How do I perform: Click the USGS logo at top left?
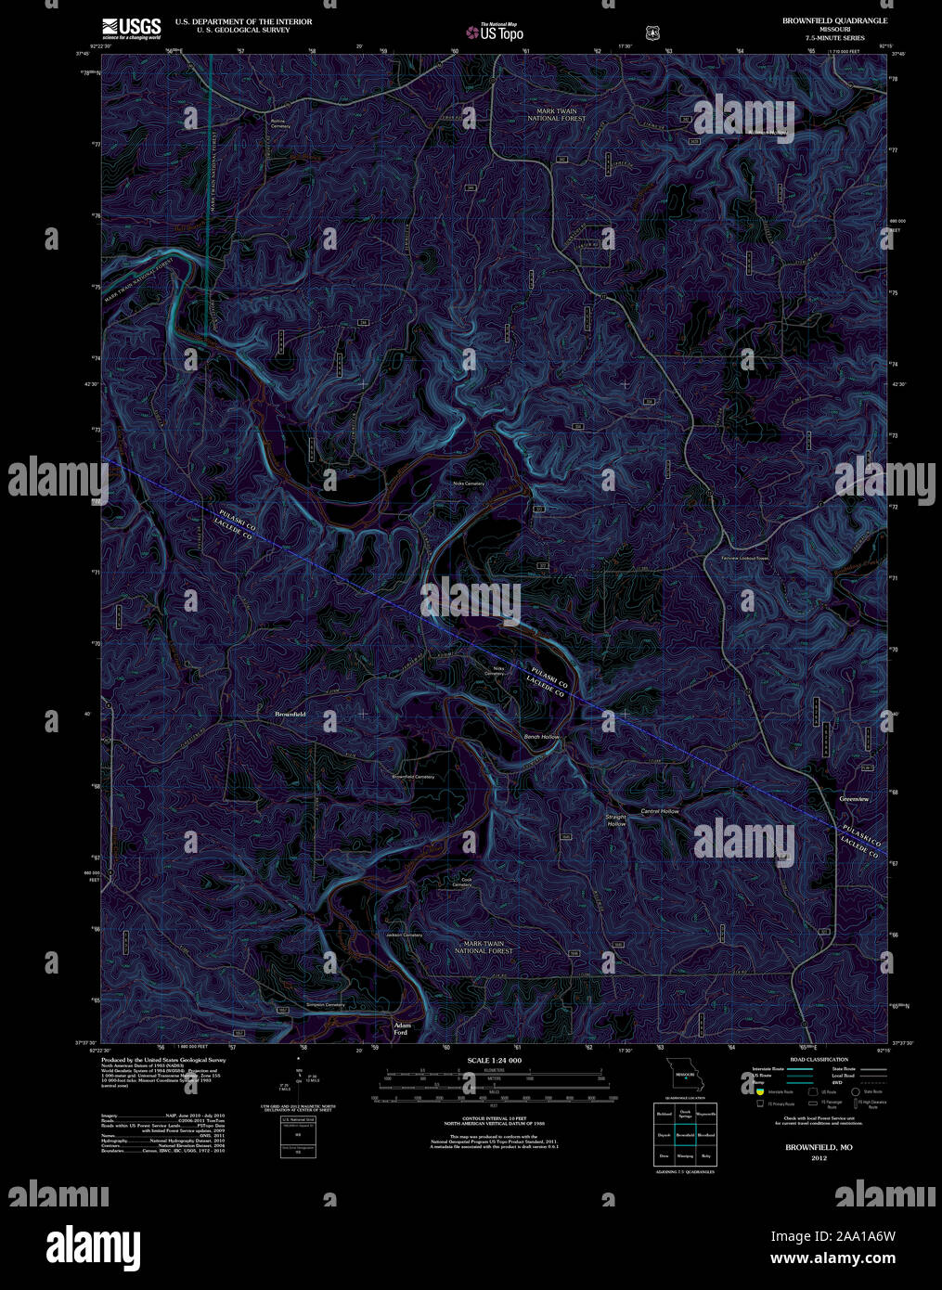(x=132, y=28)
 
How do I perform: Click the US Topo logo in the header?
(x=496, y=32)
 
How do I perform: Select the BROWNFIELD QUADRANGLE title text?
(x=833, y=20)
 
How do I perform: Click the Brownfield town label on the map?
(x=290, y=714)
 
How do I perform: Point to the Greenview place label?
(x=853, y=798)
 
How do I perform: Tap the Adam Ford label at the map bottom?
(x=401, y=1028)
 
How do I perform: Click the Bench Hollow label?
(x=542, y=737)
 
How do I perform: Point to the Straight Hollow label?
(x=616, y=820)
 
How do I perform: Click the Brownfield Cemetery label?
(x=413, y=777)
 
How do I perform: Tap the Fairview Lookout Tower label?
(x=745, y=559)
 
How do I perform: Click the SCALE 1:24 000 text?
(x=494, y=1060)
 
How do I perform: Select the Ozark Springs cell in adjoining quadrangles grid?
(x=685, y=1113)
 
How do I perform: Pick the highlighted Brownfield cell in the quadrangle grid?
(x=685, y=1134)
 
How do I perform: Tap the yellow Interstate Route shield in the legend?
(x=758, y=1092)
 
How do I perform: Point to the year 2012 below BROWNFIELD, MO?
(x=818, y=1158)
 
